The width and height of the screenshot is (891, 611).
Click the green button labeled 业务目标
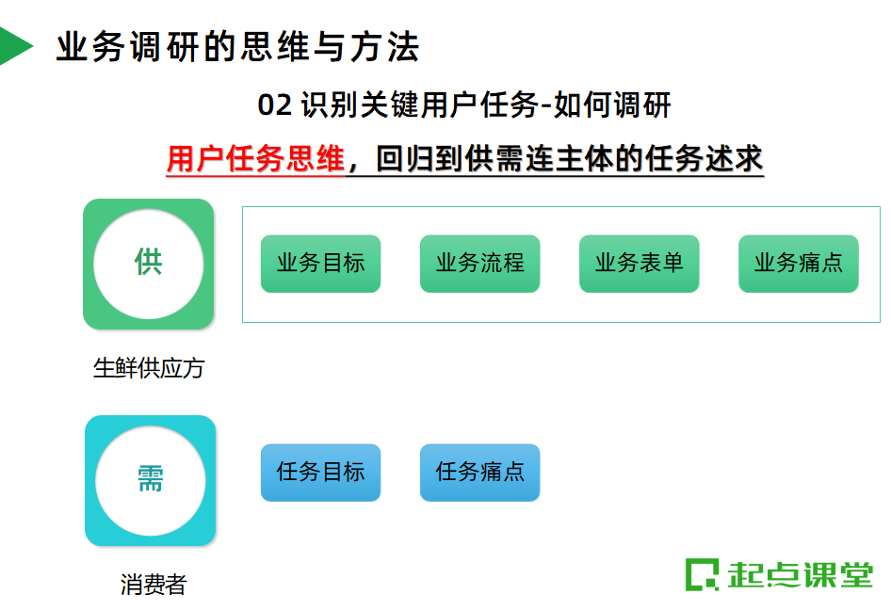pyautogui.click(x=320, y=264)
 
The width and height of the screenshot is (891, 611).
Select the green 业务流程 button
pyautogui.click(x=479, y=264)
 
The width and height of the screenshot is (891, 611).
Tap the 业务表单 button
pyautogui.click(x=639, y=264)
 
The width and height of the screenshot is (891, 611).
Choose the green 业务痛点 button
pyautogui.click(x=798, y=264)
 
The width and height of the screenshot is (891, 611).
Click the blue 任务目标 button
pyautogui.click(x=320, y=472)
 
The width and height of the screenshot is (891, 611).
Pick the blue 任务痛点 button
pyautogui.click(x=479, y=472)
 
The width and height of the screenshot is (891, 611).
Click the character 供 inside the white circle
pyautogui.click(x=149, y=263)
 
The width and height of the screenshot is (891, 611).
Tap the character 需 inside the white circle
pyautogui.click(x=151, y=479)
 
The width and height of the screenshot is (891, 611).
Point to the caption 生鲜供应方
pyautogui.click(x=149, y=368)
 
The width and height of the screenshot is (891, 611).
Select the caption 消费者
pyautogui.click(x=154, y=585)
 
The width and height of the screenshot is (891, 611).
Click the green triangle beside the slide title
pyautogui.click(x=13, y=46)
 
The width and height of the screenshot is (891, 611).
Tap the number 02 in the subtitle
pyautogui.click(x=275, y=105)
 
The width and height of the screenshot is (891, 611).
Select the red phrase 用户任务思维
pyautogui.click(x=255, y=159)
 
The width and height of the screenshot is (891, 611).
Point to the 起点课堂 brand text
pyautogui.click(x=801, y=574)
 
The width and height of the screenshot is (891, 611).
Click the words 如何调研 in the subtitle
pyautogui.click(x=613, y=105)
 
